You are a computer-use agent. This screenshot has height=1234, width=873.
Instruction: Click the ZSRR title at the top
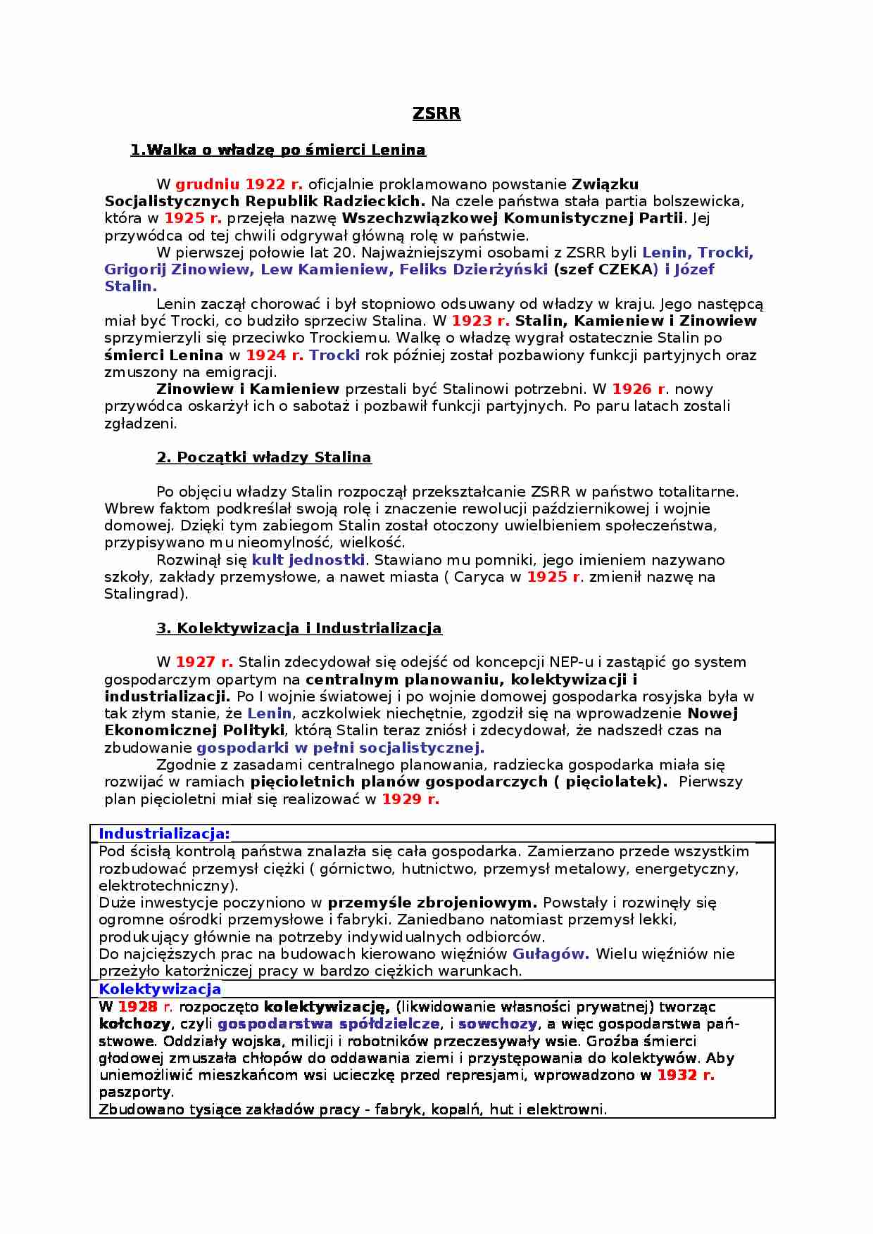(436, 114)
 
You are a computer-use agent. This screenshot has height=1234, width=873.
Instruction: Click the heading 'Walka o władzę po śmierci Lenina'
(278, 150)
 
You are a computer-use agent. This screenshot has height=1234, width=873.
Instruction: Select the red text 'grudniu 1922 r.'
(239, 184)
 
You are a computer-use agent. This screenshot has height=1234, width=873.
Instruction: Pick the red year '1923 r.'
(480, 321)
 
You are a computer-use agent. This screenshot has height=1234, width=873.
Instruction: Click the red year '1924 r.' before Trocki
(275, 355)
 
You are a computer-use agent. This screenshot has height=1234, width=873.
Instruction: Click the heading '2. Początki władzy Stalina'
(263, 457)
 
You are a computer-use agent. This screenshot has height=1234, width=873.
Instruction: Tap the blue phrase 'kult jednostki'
(308, 560)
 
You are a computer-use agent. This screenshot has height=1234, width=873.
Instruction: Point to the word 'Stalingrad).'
(146, 594)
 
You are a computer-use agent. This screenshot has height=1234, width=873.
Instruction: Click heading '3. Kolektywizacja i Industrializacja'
(299, 628)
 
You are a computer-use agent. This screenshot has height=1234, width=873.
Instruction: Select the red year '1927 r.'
(204, 662)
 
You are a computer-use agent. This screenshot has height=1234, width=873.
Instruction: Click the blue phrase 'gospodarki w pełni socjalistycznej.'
(340, 748)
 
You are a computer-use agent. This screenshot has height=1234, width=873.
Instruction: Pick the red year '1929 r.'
(410, 799)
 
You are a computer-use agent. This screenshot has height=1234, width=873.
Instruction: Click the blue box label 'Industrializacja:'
(164, 834)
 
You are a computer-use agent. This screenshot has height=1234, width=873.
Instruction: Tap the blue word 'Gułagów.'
(551, 954)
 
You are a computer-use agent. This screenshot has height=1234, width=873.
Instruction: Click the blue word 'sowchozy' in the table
(497, 1024)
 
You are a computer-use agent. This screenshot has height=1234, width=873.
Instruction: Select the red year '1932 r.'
(686, 1075)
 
